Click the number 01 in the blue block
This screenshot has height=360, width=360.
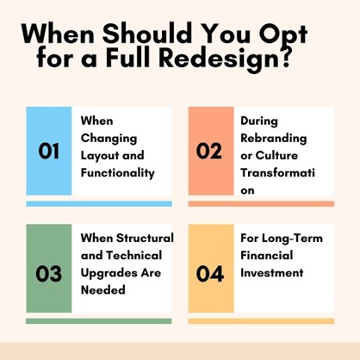point(49,152)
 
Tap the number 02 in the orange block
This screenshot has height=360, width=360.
point(209,152)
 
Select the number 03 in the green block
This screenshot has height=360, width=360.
point(49,274)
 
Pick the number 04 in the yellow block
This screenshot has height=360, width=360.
point(209,274)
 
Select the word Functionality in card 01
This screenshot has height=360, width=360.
point(117,172)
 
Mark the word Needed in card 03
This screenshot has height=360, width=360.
point(103,289)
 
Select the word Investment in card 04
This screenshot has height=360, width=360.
point(272,272)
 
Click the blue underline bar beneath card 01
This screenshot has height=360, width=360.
point(98,204)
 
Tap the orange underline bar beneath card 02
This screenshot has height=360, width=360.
point(260,204)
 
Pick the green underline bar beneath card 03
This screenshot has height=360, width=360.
point(98,321)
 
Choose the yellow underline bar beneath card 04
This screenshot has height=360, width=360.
point(260,321)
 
